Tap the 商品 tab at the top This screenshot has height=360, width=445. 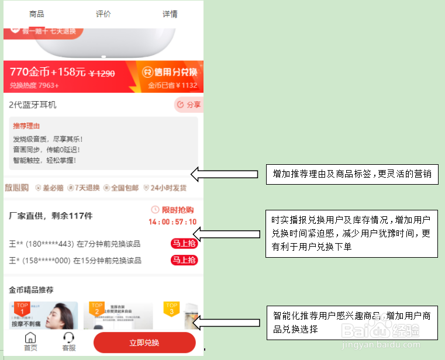point(36,14)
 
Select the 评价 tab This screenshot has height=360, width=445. point(103,14)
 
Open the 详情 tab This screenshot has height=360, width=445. point(170,14)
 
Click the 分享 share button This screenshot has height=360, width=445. point(188,105)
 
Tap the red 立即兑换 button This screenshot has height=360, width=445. point(144,342)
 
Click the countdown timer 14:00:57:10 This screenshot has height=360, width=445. point(173,222)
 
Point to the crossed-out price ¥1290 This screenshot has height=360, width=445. point(102,74)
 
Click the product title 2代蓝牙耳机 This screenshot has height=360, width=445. point(33,105)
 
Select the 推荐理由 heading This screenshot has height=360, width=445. point(26,126)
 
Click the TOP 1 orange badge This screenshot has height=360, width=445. point(22,309)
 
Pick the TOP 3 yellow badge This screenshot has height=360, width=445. point(171,309)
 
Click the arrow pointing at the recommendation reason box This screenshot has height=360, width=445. point(225,174)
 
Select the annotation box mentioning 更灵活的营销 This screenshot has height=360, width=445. point(352,174)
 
